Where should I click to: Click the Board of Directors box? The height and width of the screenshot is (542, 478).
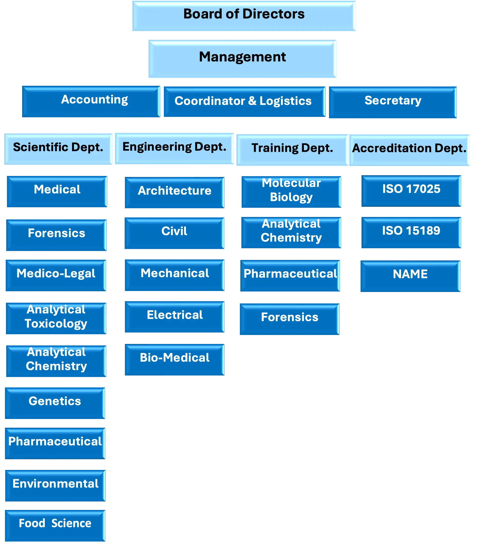[x=244, y=16]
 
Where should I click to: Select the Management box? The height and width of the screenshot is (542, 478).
[x=242, y=59]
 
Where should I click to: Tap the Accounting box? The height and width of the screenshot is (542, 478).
[x=91, y=101]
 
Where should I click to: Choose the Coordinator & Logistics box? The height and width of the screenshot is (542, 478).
[x=244, y=101]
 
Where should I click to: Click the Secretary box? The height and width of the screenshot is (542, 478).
[x=392, y=102]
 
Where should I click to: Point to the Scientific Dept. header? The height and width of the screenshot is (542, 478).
[x=58, y=149]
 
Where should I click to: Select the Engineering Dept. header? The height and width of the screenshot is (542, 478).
[x=174, y=148]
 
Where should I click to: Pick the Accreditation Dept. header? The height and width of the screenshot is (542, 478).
[x=409, y=150]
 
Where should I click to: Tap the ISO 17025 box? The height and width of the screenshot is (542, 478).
[x=411, y=191]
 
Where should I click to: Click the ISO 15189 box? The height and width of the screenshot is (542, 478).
[x=411, y=232]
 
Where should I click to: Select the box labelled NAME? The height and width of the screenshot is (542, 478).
[x=410, y=276]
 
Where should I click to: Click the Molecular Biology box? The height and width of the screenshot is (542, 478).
[x=291, y=191]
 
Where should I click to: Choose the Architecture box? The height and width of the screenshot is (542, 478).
[x=174, y=193]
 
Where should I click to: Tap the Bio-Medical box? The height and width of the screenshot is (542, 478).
[x=174, y=360]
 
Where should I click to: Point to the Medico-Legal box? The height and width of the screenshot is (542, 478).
[x=56, y=275]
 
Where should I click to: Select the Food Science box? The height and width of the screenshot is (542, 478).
[x=55, y=525]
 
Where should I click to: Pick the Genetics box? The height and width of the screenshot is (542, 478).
[x=55, y=402]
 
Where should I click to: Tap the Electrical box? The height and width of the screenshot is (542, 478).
[x=174, y=317]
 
